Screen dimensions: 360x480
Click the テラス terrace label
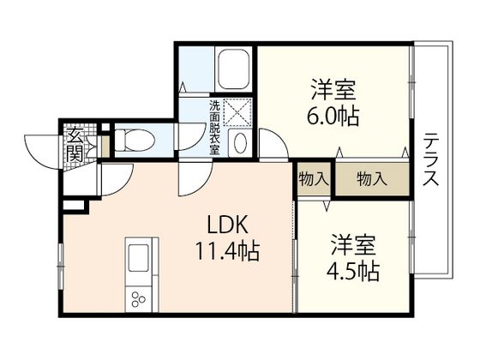(432, 163)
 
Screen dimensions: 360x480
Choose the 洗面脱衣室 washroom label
(214, 128)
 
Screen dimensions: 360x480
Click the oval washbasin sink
(241, 142)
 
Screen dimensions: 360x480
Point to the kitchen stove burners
(137, 300)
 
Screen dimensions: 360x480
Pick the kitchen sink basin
(137, 258)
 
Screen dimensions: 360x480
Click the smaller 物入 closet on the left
(314, 179)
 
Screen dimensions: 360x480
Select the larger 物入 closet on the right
(371, 179)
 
